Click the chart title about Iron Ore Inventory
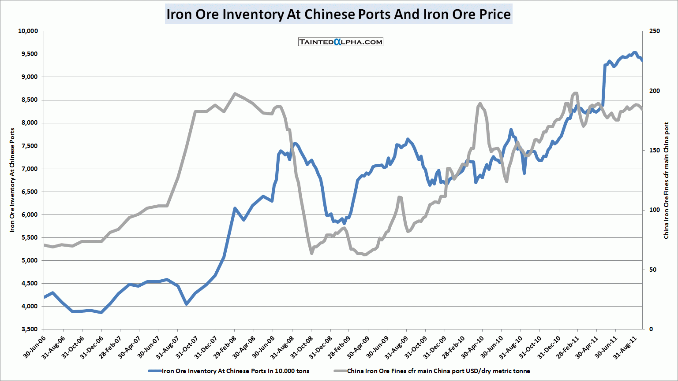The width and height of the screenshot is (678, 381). pyautogui.click(x=338, y=14)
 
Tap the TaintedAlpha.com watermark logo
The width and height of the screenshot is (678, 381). pyautogui.click(x=341, y=42)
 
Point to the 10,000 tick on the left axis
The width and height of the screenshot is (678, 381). pyautogui.click(x=28, y=31)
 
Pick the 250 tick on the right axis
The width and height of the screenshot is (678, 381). pyautogui.click(x=655, y=31)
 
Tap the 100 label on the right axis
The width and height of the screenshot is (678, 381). pyautogui.click(x=655, y=210)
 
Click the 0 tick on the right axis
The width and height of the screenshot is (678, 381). pyautogui.click(x=651, y=329)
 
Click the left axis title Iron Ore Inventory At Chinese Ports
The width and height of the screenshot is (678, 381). pyautogui.click(x=12, y=180)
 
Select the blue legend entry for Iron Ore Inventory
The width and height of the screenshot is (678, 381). pyautogui.click(x=229, y=371)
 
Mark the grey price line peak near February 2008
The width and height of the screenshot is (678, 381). pyautogui.click(x=235, y=93)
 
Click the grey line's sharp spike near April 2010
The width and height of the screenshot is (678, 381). pyautogui.click(x=480, y=104)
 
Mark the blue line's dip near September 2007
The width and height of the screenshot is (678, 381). pyautogui.click(x=187, y=304)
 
